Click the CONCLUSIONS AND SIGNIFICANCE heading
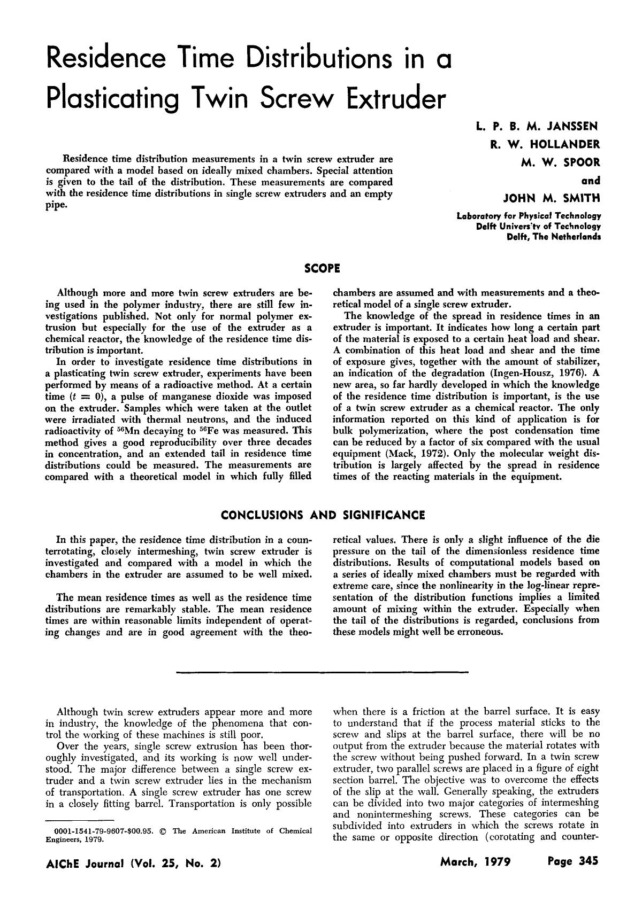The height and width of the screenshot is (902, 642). click(x=323, y=515)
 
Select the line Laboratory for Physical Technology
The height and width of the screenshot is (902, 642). click(x=528, y=217)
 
